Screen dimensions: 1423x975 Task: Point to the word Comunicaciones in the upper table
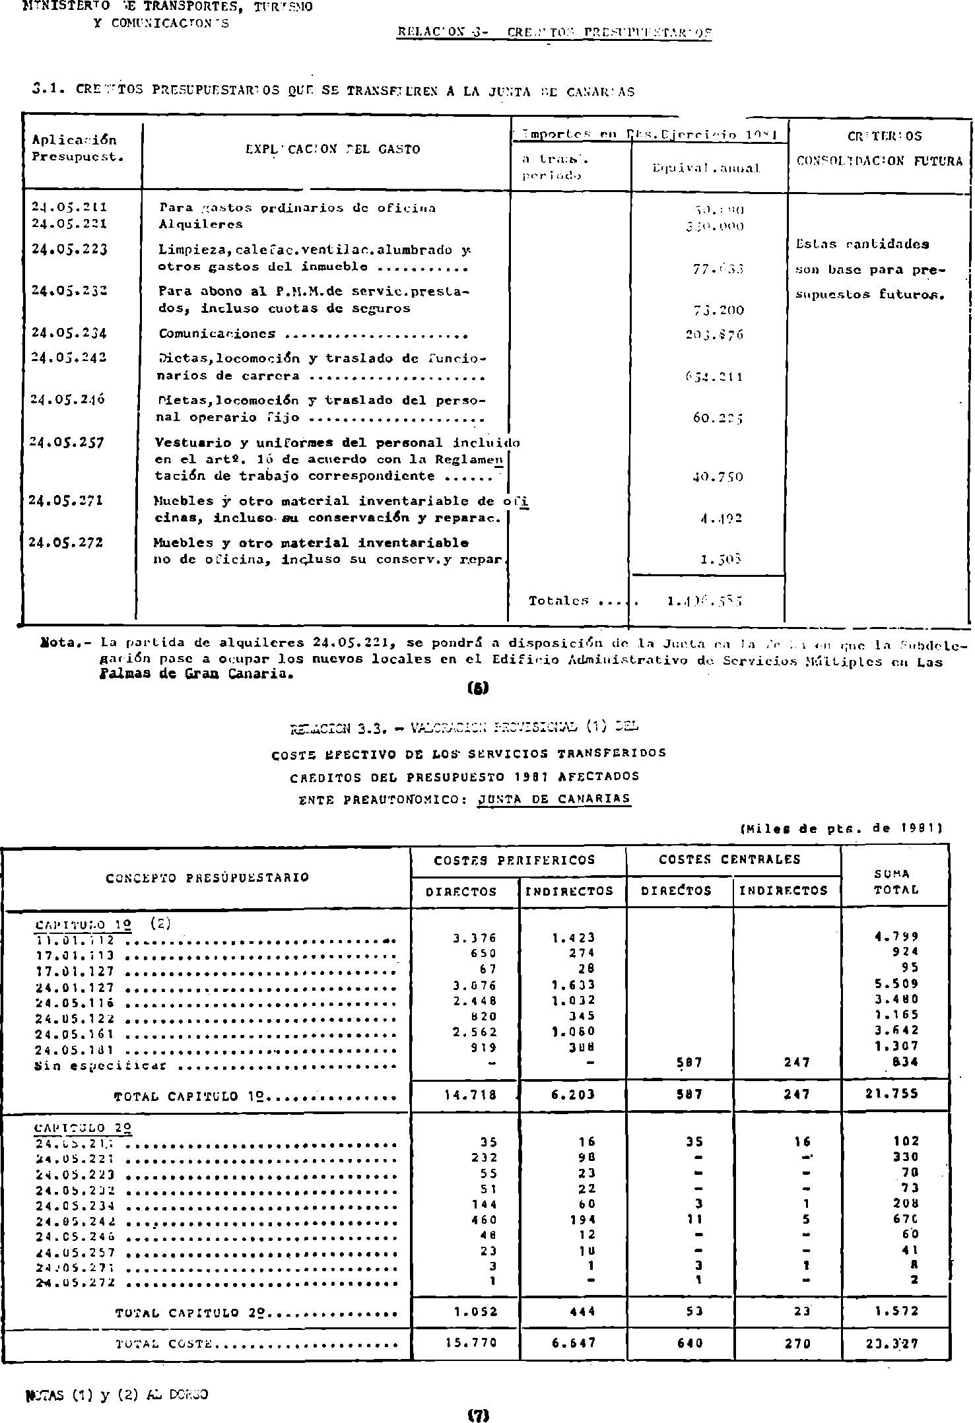(217, 334)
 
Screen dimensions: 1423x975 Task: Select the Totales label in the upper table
(559, 601)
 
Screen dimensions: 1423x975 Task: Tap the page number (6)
(477, 688)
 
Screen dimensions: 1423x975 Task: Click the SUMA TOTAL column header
(896, 882)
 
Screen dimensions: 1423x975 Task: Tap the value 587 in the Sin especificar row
(689, 1063)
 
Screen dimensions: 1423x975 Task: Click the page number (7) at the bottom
(477, 1414)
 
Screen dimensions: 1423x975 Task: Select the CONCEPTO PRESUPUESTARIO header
(207, 878)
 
